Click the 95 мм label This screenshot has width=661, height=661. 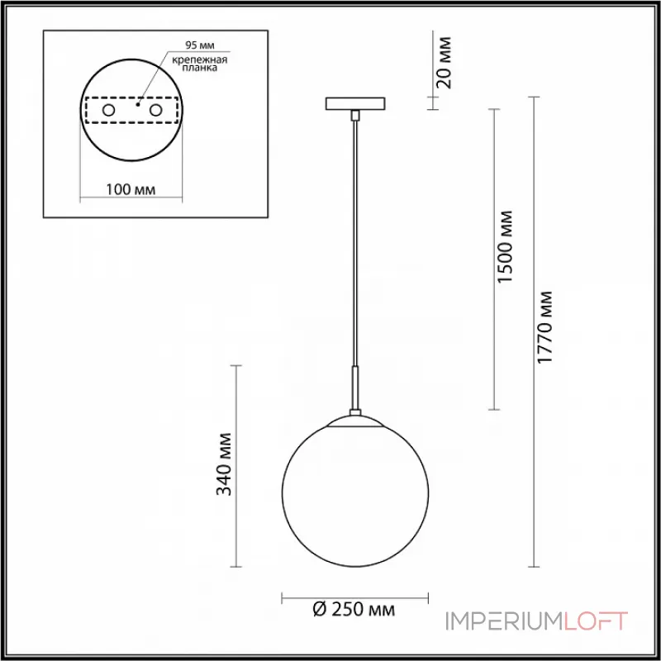(200, 45)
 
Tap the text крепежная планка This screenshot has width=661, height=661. (200, 64)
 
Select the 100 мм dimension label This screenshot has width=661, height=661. (131, 190)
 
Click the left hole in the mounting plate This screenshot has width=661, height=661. (109, 111)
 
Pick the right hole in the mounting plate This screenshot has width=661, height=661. (155, 111)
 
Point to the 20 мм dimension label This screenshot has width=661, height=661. (444, 63)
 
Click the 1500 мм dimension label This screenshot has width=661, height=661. (505, 246)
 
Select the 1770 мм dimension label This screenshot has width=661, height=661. (544, 326)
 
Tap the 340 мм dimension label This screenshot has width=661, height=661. (224, 464)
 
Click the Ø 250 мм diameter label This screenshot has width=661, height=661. (354, 609)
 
